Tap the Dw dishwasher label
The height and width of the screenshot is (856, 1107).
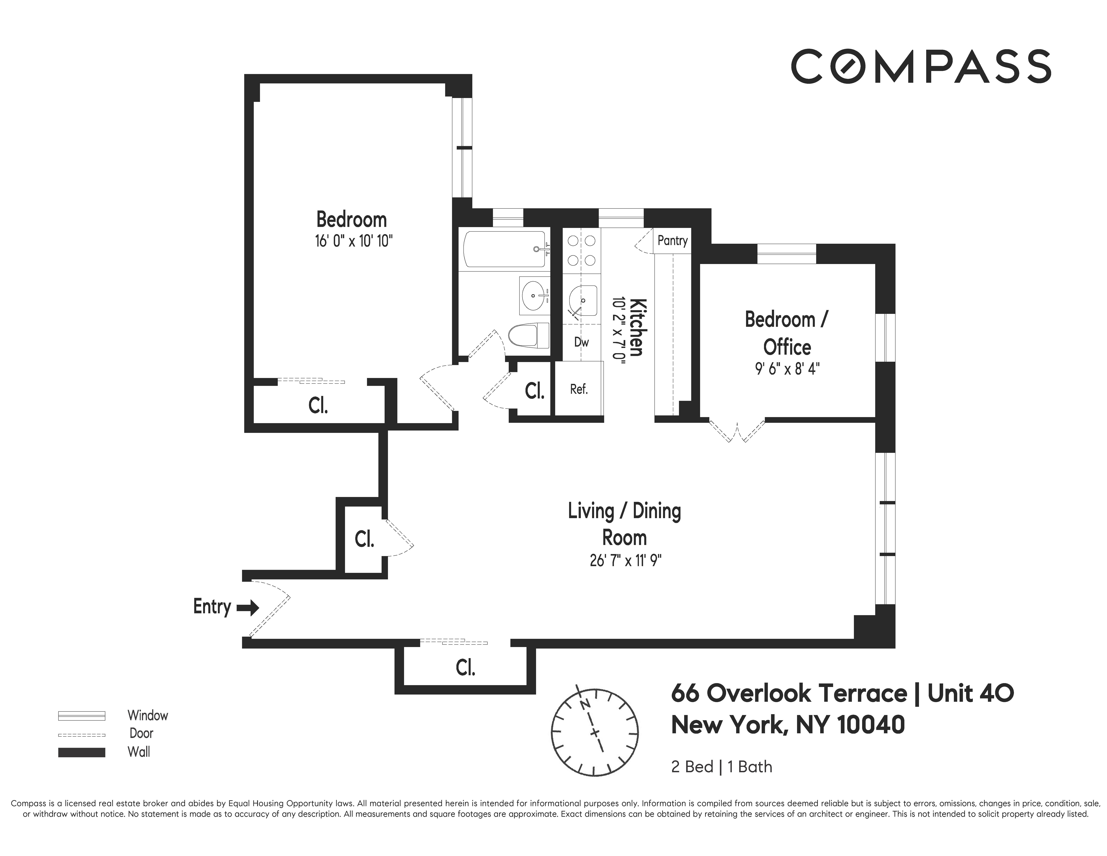coord(581,342)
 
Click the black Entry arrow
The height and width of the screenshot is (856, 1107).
coord(248,608)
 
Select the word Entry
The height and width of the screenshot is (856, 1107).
coord(212,607)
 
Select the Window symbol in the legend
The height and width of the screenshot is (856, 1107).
coord(82,716)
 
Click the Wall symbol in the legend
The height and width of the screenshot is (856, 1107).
coord(82,753)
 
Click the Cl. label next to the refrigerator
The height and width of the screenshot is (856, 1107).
coord(534,390)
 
